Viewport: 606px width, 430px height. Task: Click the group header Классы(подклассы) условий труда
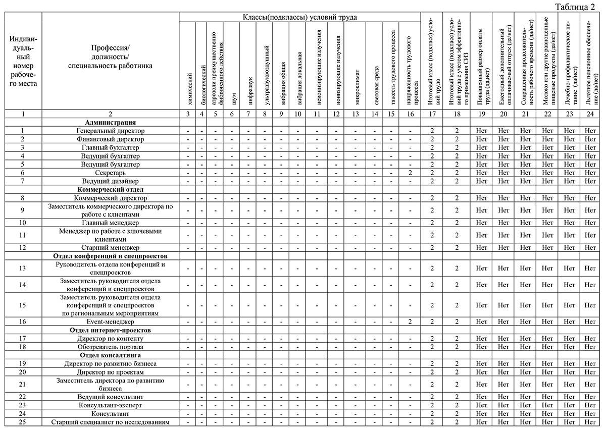[x=299, y=17]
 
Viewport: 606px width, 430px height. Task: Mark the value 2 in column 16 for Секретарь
[x=411, y=173]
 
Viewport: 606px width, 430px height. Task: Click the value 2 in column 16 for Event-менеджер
[x=411, y=321]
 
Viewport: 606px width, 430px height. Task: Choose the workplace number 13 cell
[x=23, y=268]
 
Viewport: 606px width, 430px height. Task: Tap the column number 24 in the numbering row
[x=590, y=114]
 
